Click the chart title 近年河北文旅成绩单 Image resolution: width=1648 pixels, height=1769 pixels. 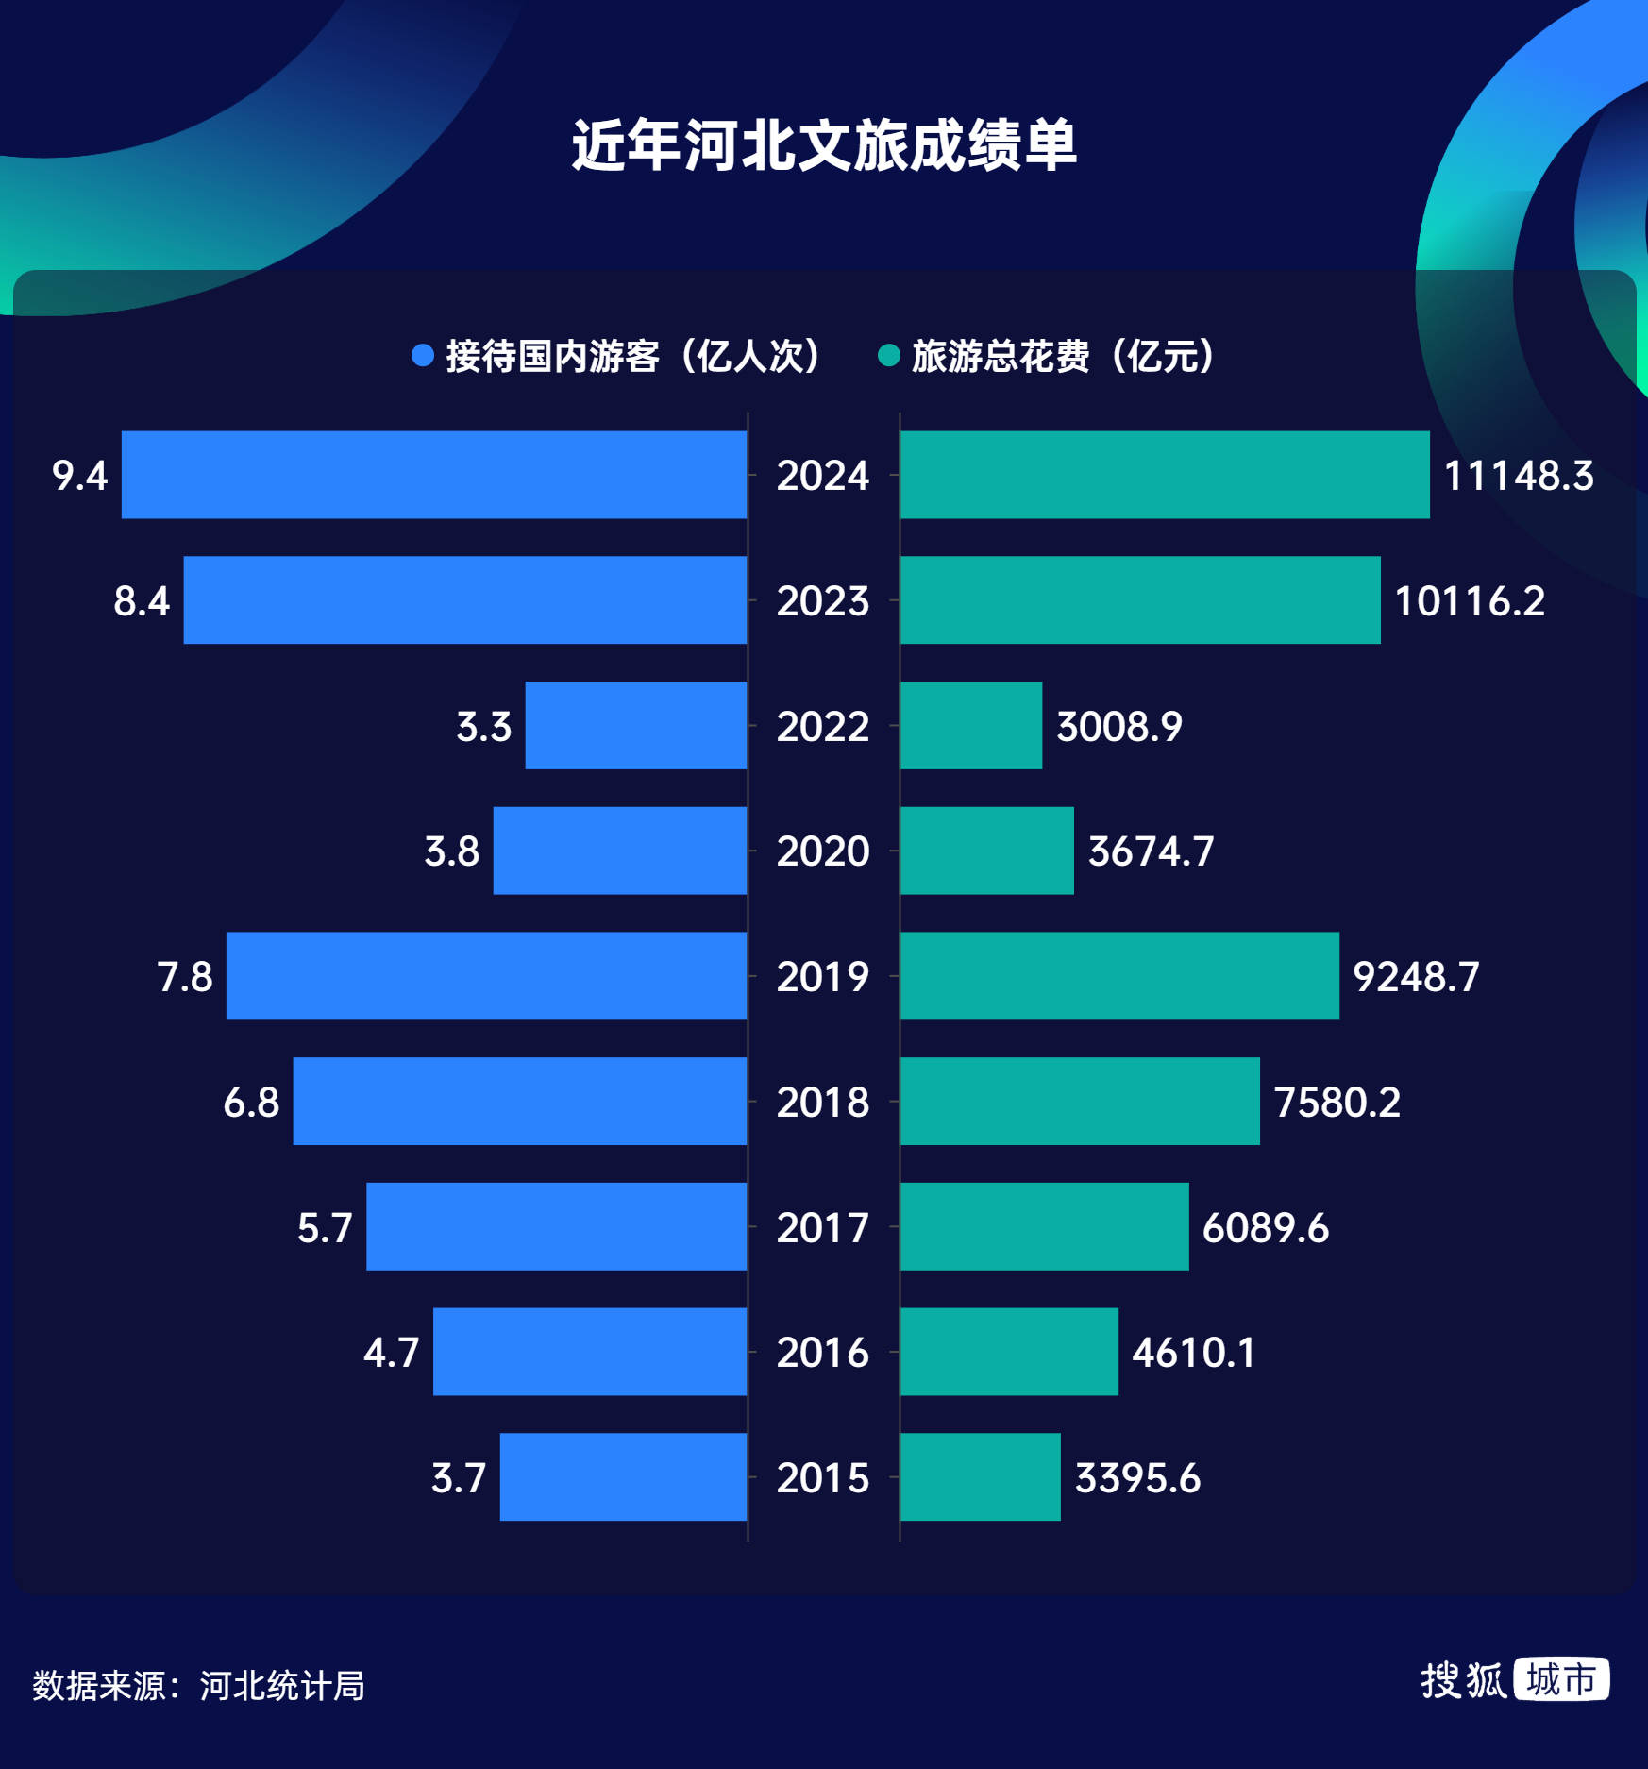pyautogui.click(x=824, y=145)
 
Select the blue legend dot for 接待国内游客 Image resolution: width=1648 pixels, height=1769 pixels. pyautogui.click(x=423, y=356)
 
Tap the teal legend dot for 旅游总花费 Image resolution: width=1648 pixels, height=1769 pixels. pyautogui.click(x=888, y=356)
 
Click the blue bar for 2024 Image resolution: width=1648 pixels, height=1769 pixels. pyautogui.click(x=434, y=475)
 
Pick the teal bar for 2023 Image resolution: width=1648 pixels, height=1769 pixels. pyautogui.click(x=1140, y=600)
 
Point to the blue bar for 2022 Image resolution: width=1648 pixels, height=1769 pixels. pyautogui.click(x=636, y=725)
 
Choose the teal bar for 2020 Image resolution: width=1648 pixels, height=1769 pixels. pyautogui.click(x=987, y=851)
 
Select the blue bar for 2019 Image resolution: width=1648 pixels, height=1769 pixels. pyautogui.click(x=486, y=976)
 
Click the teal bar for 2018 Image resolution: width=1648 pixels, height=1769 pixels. pyautogui.click(x=1080, y=1101)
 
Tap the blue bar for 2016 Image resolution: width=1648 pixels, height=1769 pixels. pyautogui.click(x=590, y=1352)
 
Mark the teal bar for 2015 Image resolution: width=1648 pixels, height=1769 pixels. pyautogui.click(x=981, y=1476)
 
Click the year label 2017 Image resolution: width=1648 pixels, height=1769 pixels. pyautogui.click(x=823, y=1227)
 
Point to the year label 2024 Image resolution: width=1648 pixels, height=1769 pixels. pyautogui.click(x=823, y=476)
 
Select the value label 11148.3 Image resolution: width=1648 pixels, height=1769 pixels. pyautogui.click(x=1519, y=476)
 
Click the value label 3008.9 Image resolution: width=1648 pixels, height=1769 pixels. pyautogui.click(x=1119, y=726)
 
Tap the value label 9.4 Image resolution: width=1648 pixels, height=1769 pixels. pyautogui.click(x=80, y=476)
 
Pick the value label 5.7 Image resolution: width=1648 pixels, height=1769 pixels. pyautogui.click(x=325, y=1227)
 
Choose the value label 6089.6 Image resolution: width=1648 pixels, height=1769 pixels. pyautogui.click(x=1266, y=1227)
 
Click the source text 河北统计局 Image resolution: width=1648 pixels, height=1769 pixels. pyautogui.click(x=282, y=1686)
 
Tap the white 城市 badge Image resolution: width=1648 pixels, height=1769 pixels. pyautogui.click(x=1561, y=1680)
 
